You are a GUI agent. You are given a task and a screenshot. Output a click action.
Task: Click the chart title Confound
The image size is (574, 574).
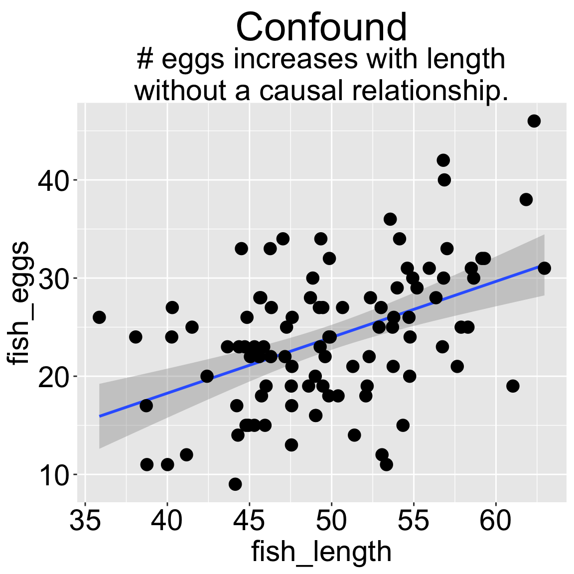[x=321, y=27]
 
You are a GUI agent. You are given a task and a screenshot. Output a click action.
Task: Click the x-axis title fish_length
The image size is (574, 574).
[x=321, y=552]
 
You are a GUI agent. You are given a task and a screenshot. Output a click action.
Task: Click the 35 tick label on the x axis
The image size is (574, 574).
[x=85, y=521]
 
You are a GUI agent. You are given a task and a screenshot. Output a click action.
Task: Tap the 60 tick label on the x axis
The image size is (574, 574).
[x=496, y=521]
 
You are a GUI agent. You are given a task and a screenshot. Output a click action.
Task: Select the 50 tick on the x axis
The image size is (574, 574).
[x=331, y=521]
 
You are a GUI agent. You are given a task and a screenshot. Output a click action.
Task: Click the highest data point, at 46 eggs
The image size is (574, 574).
[x=534, y=121]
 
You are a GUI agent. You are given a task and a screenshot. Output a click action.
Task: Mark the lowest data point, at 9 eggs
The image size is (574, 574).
[x=235, y=484]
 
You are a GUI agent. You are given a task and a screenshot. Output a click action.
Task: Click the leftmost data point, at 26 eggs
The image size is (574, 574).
[x=99, y=317]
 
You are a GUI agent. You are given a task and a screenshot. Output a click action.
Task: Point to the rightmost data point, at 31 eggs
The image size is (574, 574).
[x=544, y=268]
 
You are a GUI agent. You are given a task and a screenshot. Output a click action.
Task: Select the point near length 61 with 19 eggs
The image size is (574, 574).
[x=513, y=386]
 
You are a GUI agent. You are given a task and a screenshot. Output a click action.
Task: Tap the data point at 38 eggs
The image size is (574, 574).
[x=526, y=199]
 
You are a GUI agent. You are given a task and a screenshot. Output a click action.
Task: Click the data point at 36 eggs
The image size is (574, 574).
[x=390, y=219]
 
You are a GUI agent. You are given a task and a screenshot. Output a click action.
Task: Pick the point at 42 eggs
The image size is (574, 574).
[x=443, y=160]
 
